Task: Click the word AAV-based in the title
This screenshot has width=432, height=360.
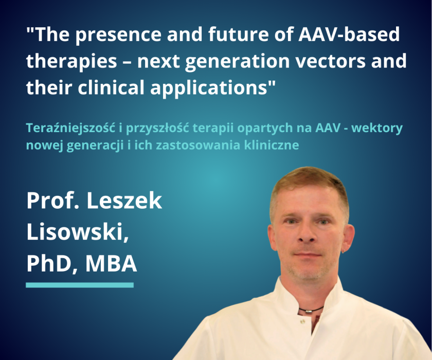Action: (x=349, y=34)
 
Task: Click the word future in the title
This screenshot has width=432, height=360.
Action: (x=237, y=34)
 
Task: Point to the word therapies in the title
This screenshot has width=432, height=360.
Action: (x=71, y=61)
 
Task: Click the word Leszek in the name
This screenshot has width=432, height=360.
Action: (x=124, y=201)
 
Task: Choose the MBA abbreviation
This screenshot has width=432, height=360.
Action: (x=111, y=264)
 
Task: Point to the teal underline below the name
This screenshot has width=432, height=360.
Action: (x=80, y=285)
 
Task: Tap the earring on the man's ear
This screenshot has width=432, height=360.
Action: (x=345, y=250)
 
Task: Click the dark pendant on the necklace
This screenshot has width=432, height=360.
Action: (x=309, y=311)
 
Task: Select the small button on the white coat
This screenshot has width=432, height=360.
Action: (x=302, y=321)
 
